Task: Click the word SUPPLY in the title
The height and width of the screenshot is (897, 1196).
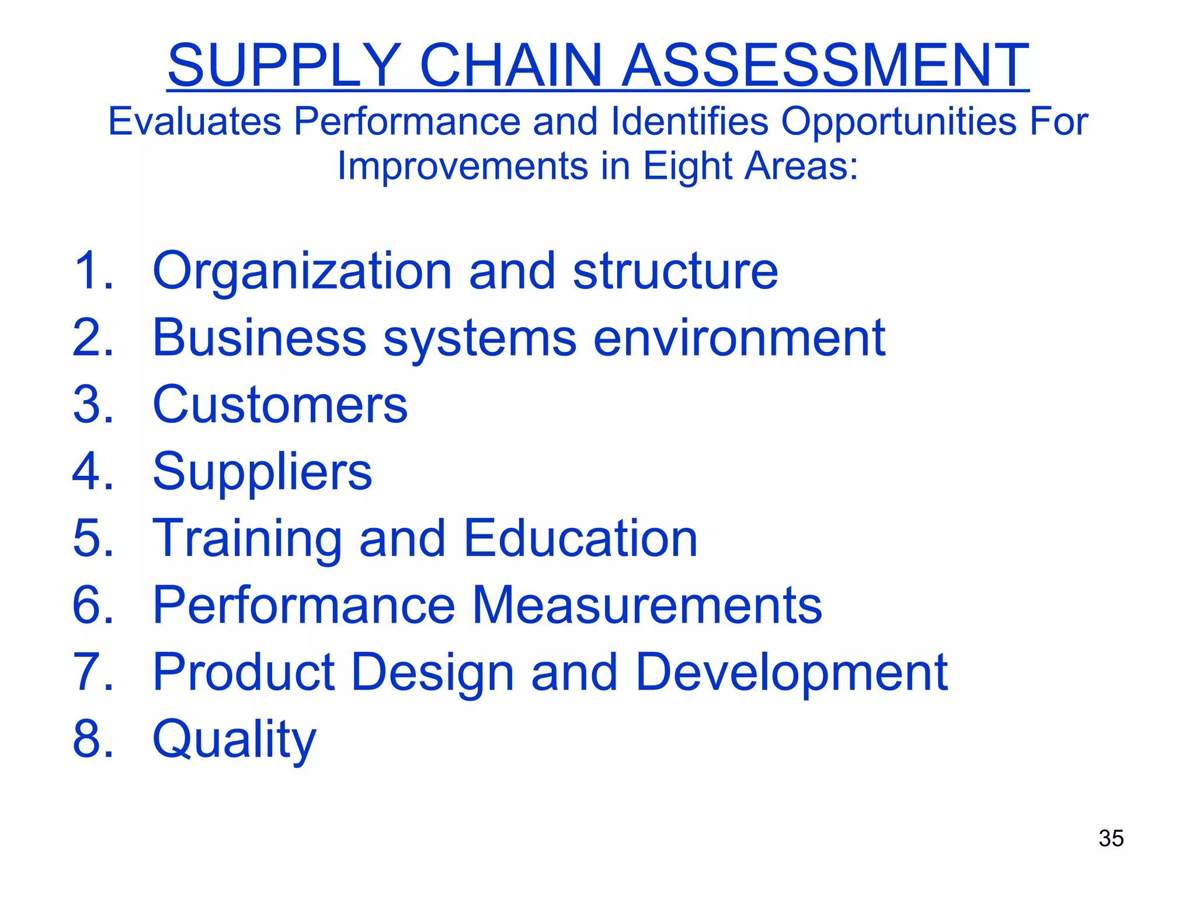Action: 284,65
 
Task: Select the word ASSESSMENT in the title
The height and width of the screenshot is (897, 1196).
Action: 825,65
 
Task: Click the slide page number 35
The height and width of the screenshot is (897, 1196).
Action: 1111,839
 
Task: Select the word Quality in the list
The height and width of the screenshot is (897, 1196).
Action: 234,740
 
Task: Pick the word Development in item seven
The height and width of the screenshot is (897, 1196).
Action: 791,673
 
